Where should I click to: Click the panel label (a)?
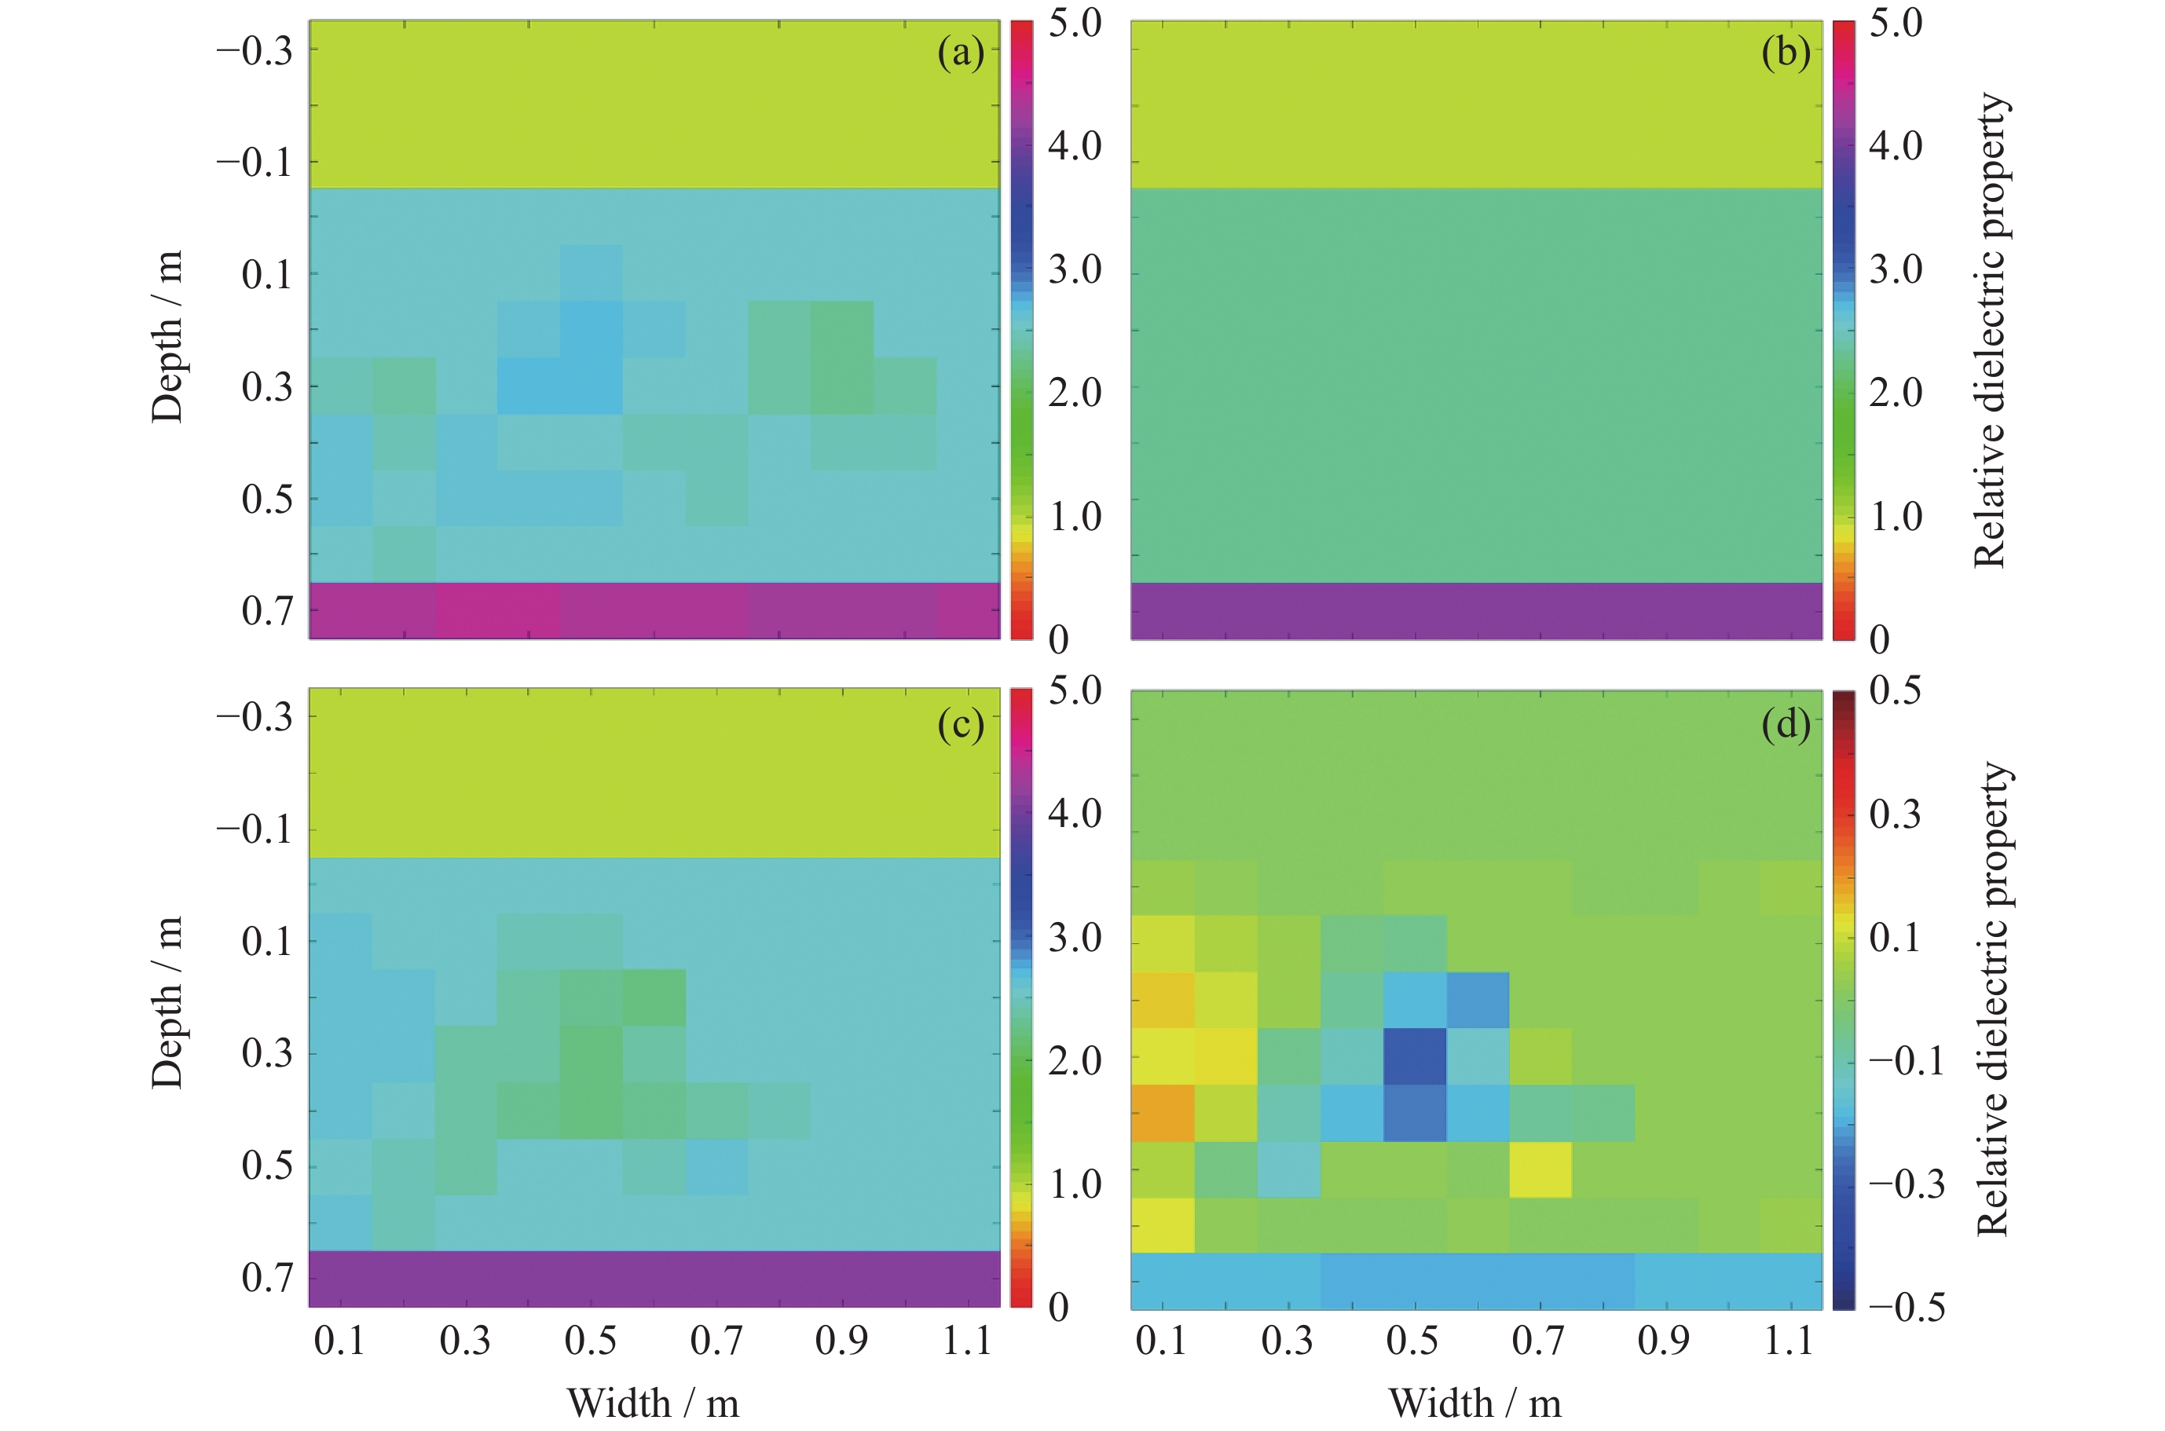960,53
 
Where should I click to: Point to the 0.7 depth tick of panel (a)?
267,610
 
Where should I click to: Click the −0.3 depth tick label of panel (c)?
255,717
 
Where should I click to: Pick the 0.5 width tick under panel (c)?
591,1341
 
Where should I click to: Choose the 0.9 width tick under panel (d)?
1663,1341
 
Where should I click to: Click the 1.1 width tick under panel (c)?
966,1341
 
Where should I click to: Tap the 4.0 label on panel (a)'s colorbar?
1075,145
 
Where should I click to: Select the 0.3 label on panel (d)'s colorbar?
1895,813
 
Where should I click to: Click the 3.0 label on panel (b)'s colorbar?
1895,269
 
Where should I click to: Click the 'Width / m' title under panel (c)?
653,1403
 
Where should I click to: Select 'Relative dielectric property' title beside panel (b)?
1991,331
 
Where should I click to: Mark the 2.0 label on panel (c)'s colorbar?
1075,1060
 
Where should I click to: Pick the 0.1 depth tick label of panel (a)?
267,275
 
